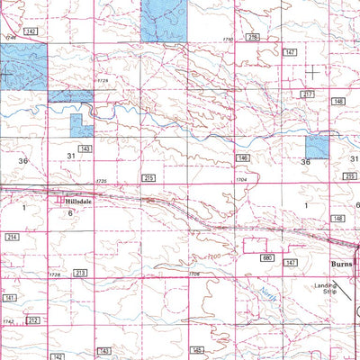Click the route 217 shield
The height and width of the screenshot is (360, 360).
pos(308,94)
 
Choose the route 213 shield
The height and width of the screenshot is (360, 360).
pos(80,272)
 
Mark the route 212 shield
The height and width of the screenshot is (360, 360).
pos(33,319)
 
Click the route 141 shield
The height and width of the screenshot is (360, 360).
pos(10,296)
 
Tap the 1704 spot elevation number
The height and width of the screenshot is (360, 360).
pos(241,180)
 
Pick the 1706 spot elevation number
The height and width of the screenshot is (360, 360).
pos(193,273)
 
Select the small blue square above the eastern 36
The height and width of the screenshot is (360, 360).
pos(318,148)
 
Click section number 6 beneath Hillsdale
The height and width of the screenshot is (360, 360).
pos(68,214)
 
